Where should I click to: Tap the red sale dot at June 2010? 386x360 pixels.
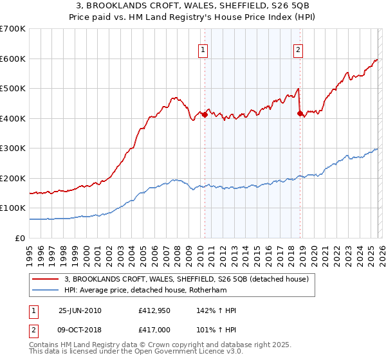(x=205, y=114)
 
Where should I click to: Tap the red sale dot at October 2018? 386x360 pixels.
(x=300, y=113)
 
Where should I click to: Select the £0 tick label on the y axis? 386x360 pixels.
(x=19, y=238)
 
